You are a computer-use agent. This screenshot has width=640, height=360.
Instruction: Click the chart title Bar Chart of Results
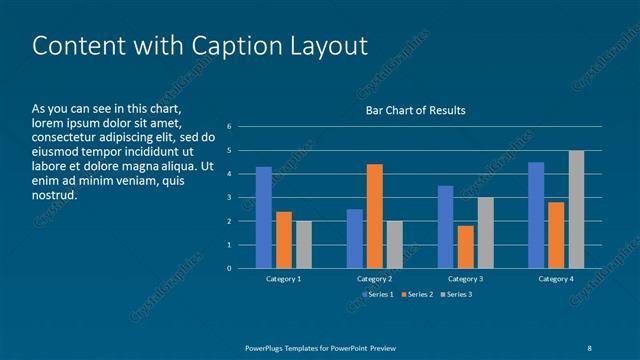click(x=414, y=110)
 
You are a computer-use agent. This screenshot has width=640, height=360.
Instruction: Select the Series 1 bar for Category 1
click(x=264, y=217)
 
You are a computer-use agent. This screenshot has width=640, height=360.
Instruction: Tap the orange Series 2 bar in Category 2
click(x=374, y=216)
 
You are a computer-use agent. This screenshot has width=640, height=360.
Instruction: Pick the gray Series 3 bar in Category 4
click(x=576, y=209)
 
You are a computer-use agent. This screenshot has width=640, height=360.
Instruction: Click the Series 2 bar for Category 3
click(x=465, y=246)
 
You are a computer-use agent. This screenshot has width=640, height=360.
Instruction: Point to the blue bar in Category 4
click(x=536, y=215)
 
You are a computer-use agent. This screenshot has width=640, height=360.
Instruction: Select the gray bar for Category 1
click(x=304, y=244)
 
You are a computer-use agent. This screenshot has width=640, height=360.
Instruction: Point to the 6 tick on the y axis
click(x=229, y=127)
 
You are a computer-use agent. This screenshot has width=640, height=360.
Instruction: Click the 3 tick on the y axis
click(x=229, y=197)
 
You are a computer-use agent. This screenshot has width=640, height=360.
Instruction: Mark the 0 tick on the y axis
click(x=229, y=268)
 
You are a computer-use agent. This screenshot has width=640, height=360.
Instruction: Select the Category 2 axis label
click(x=374, y=279)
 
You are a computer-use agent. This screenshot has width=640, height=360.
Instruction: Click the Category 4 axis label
click(x=556, y=279)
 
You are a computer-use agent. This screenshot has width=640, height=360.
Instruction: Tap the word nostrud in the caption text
click(x=55, y=194)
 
